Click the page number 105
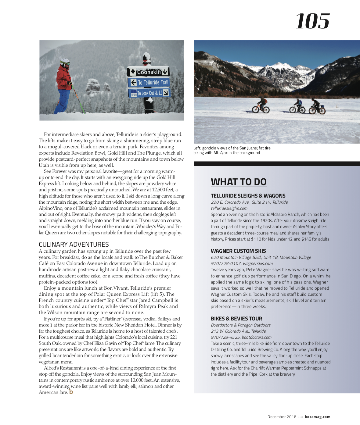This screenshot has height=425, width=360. pyautogui.click(x=312, y=21)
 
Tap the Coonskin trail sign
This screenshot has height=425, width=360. pyautogui.click(x=148, y=72)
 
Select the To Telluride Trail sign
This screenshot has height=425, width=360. pyautogui.click(x=149, y=82)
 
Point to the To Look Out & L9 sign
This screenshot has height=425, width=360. pyautogui.click(x=149, y=93)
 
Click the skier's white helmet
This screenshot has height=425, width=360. pyautogui.click(x=65, y=62)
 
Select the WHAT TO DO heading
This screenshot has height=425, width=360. pyautogui.click(x=239, y=182)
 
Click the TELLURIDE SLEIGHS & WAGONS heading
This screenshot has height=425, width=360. pyautogui.click(x=248, y=196)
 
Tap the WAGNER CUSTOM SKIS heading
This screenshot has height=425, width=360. pyautogui.click(x=238, y=251)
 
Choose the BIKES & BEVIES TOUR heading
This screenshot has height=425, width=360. pyautogui.click(x=236, y=319)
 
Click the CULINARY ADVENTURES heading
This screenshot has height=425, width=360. pyautogui.click(x=74, y=245)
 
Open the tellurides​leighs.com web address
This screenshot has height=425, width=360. pyautogui.click(x=229, y=208)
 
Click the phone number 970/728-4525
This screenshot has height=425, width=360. pyautogui.click(x=225, y=337)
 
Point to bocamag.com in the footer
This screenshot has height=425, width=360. pyautogui.click(x=318, y=417)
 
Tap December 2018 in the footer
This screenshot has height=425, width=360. pyautogui.click(x=282, y=417)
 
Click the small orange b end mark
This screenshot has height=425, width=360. pyautogui.click(x=71, y=392)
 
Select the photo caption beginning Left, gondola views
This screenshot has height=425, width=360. pyautogui.click(x=232, y=150)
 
